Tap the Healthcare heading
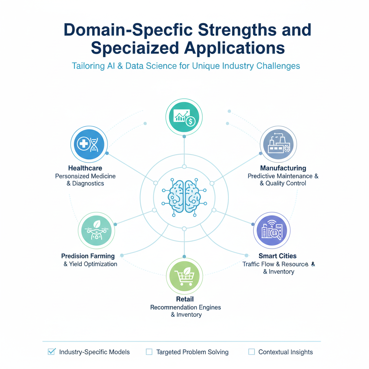tap(85, 168)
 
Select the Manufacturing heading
tap(283, 168)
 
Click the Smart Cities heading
tap(278, 256)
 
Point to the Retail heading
tap(185, 299)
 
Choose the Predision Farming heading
tap(88, 256)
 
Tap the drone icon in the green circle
tap(96, 230)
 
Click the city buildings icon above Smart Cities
tap(272, 230)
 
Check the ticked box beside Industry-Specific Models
tap(52, 352)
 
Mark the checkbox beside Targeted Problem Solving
tap(149, 352)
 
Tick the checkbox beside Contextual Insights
tap(252, 352)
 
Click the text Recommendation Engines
tap(186, 307)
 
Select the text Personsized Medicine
tap(85, 176)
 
